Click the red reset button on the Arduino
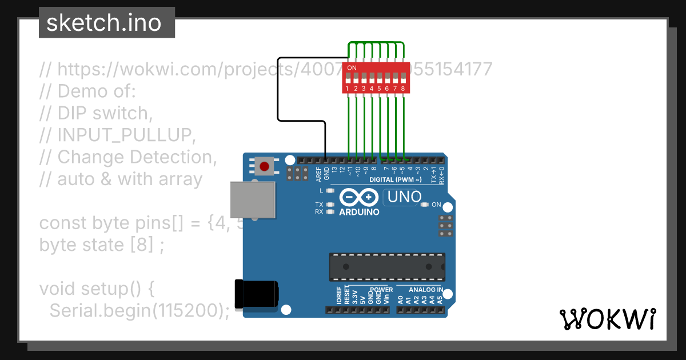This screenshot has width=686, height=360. pyautogui.click(x=264, y=166)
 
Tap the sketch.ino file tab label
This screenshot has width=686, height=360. pyautogui.click(x=103, y=23)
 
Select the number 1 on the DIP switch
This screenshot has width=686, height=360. pyautogui.click(x=348, y=89)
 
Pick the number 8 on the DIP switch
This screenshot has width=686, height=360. pyautogui.click(x=403, y=89)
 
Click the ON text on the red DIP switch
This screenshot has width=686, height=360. pyautogui.click(x=352, y=68)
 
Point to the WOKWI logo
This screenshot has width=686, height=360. pyautogui.click(x=608, y=319)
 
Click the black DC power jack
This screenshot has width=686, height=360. pyautogui.click(x=257, y=295)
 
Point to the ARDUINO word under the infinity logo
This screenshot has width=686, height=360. pyautogui.click(x=359, y=212)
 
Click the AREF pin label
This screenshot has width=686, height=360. pyautogui.click(x=318, y=174)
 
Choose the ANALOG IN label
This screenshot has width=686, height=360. pyautogui.click(x=425, y=290)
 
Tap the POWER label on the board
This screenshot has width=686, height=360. pyautogui.click(x=381, y=290)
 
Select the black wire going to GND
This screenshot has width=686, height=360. pyautogui.click(x=278, y=91)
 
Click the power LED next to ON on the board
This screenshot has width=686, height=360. pyautogui.click(x=424, y=205)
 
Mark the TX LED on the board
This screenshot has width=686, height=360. pyautogui.click(x=330, y=204)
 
